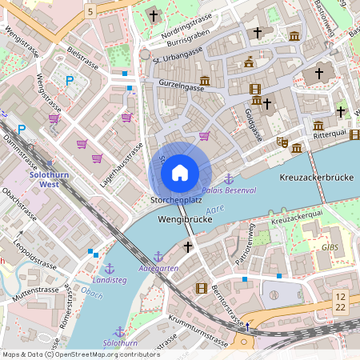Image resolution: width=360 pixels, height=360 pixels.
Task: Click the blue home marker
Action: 180,172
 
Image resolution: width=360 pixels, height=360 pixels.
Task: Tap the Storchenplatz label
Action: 175,198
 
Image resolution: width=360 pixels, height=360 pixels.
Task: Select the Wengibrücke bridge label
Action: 184,218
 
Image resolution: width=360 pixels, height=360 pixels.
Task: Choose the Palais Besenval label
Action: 229,190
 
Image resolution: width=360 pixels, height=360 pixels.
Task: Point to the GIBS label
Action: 330,247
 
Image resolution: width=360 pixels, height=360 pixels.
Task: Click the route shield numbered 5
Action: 90,11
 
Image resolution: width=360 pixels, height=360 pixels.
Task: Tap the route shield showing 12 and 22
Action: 341,302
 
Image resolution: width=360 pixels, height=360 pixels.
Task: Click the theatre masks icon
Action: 282,142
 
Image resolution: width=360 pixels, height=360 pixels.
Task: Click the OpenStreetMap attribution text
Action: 80,354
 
